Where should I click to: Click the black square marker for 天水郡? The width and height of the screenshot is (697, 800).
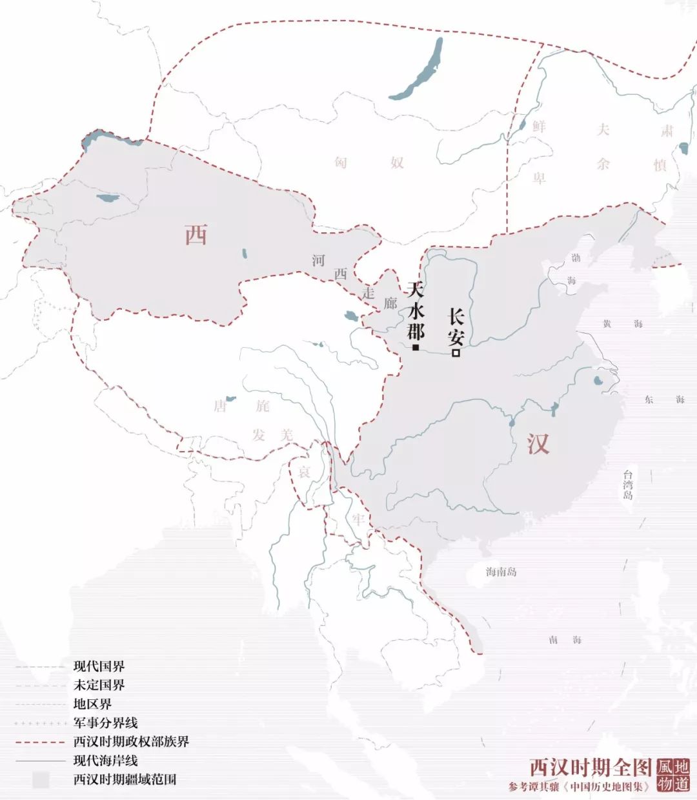tap(416, 348)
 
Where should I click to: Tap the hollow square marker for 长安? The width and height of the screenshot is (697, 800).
tap(456, 353)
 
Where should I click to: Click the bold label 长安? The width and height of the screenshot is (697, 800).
tap(456, 326)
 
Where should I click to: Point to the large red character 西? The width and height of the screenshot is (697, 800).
tap(196, 235)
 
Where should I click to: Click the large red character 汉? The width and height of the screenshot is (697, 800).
tap(538, 444)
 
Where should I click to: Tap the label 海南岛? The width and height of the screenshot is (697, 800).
tap(501, 572)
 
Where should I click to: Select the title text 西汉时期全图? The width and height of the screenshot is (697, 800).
tap(591, 767)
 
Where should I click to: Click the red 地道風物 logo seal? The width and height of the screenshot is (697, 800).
tap(672, 775)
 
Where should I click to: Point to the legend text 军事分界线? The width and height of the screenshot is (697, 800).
tap(105, 723)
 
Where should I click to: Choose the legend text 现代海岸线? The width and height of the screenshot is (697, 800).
tap(105, 761)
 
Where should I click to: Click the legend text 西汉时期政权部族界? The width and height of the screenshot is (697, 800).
tap(131, 741)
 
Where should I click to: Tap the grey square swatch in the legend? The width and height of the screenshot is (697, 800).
tap(41, 779)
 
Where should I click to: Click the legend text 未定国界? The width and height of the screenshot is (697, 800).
tap(99, 685)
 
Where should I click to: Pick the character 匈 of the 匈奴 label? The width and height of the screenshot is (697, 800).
tap(341, 162)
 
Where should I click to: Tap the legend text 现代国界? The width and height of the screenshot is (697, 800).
tap(99, 666)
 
